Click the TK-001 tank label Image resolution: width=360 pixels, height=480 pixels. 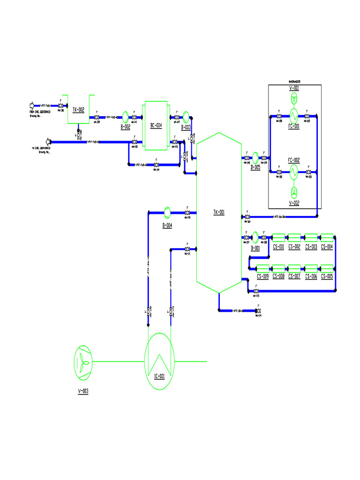[x=219, y=212]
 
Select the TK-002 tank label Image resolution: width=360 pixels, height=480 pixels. [x=78, y=110]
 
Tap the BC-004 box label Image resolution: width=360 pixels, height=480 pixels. [x=156, y=125]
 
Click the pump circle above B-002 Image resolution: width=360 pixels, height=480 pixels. [x=126, y=117]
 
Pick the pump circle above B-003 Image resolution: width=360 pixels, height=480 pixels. [x=186, y=116]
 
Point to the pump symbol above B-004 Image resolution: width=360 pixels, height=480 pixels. [x=167, y=212]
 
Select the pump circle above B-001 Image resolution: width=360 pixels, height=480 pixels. [x=255, y=236]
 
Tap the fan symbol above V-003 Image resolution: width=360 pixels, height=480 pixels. [x=83, y=361]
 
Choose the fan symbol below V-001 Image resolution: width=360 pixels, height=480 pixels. [x=294, y=98]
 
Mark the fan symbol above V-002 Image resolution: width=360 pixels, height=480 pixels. [x=294, y=192]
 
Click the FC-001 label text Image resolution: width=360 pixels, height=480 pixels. [x=294, y=126]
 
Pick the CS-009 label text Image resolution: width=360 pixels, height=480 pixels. [x=262, y=277]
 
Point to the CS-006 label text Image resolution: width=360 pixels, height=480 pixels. [x=311, y=277]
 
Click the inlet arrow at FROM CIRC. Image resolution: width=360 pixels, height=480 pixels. [x=32, y=105]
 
